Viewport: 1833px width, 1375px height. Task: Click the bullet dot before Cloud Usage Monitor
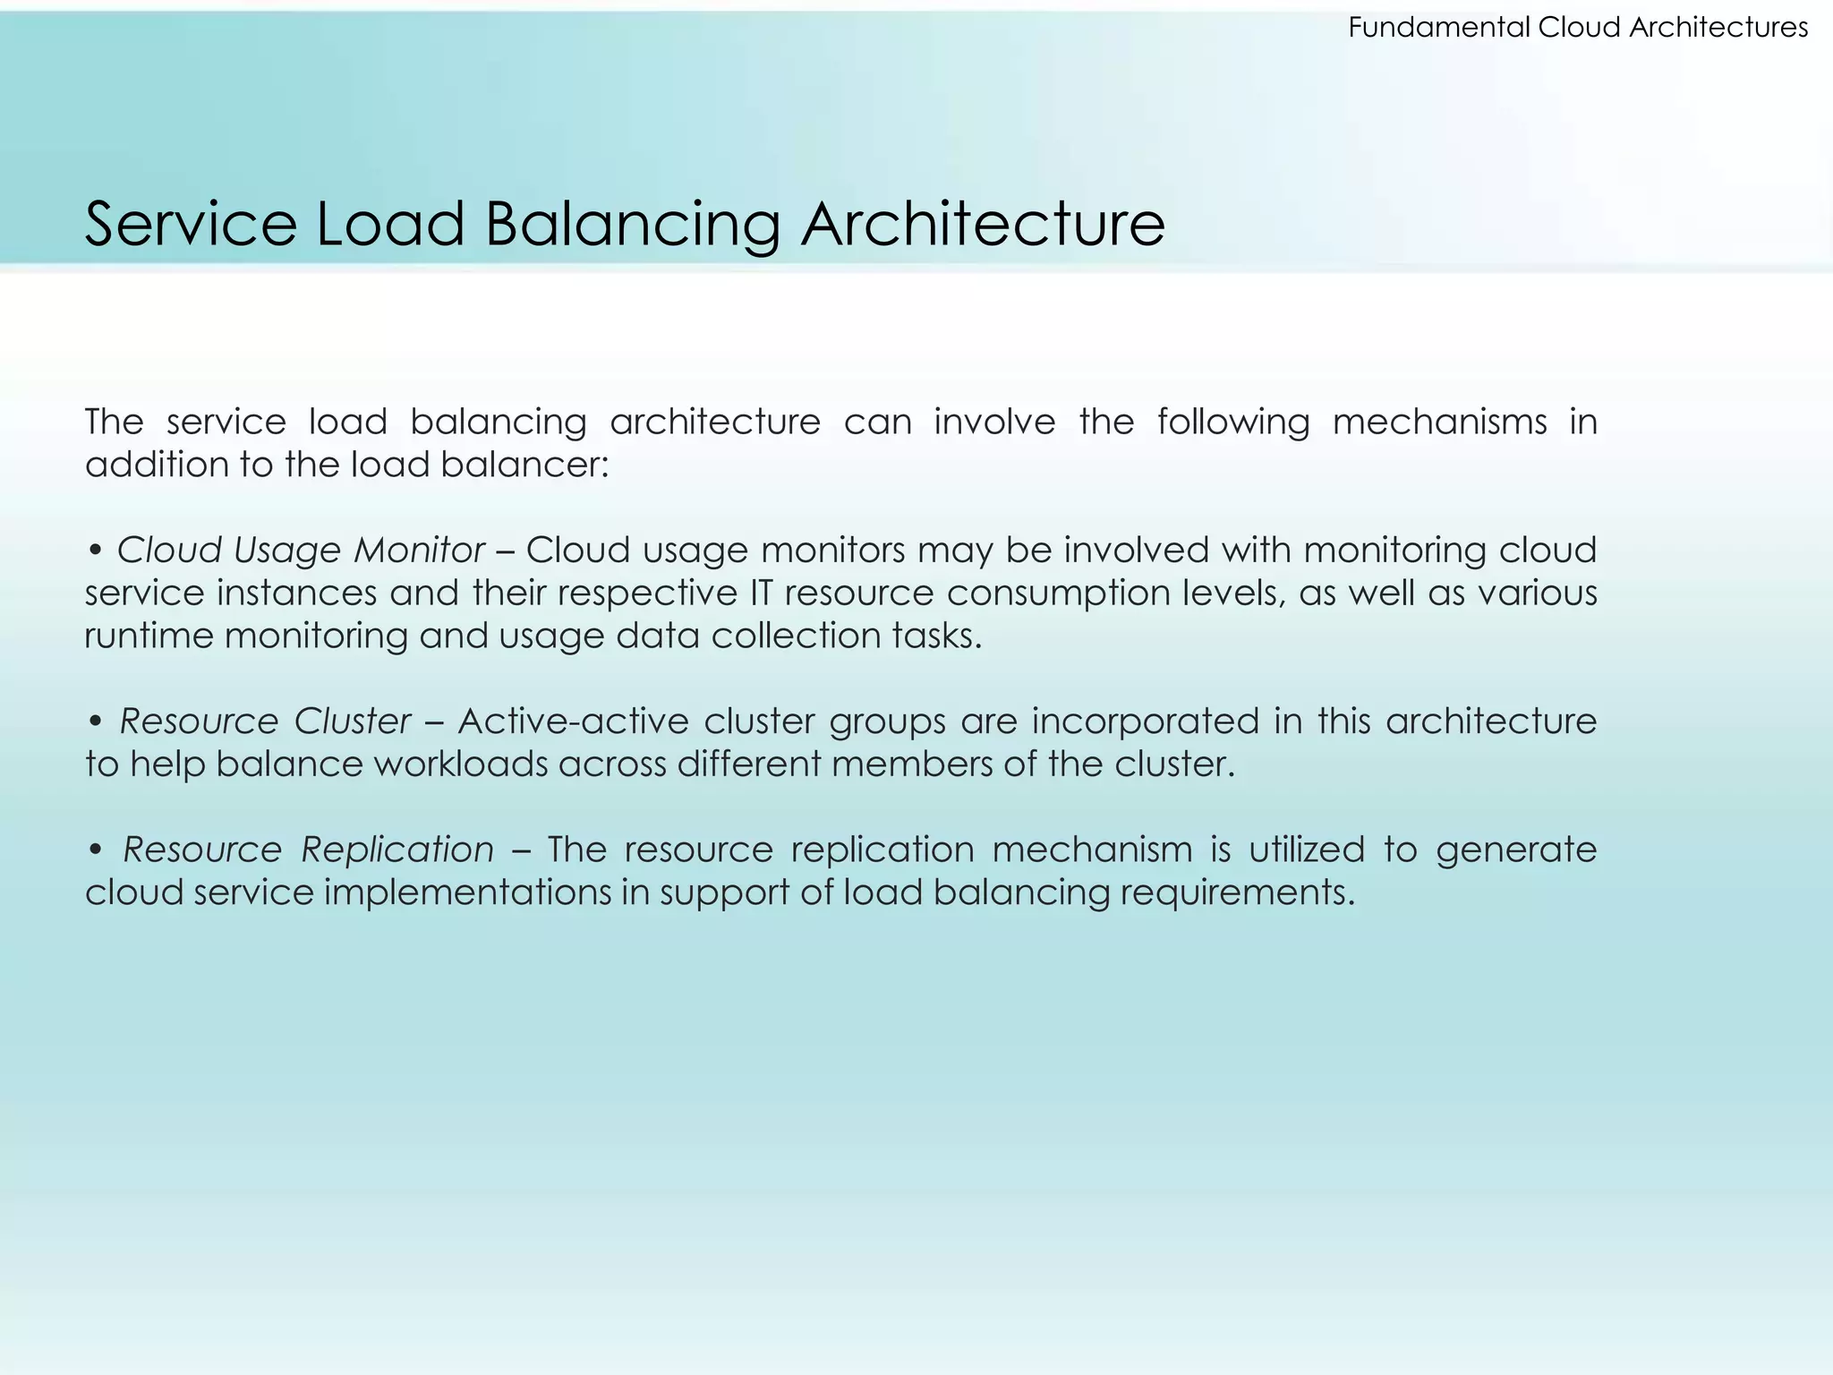[95, 551]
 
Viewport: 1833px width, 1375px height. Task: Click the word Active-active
[573, 721]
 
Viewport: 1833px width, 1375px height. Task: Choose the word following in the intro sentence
[1233, 422]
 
